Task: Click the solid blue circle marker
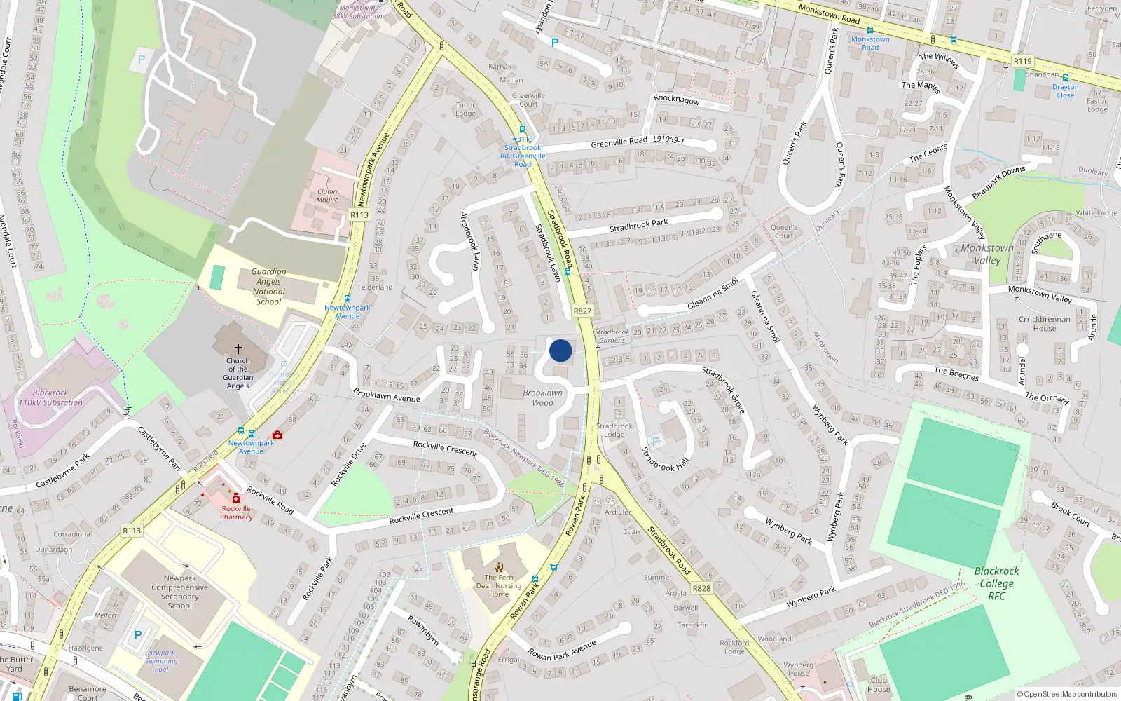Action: click(x=560, y=350)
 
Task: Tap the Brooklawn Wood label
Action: click(x=542, y=398)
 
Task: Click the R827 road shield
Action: click(x=582, y=311)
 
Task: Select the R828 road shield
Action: click(x=701, y=588)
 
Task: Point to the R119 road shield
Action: click(x=1022, y=62)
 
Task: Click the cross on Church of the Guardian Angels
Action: click(x=238, y=348)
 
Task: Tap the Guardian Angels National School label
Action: click(x=268, y=287)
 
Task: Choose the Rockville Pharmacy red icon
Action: click(x=236, y=498)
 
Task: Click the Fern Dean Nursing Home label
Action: click(x=499, y=586)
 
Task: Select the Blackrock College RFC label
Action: click(x=996, y=583)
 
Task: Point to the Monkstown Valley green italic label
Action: click(x=987, y=254)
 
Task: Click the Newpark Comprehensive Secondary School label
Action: click(x=179, y=592)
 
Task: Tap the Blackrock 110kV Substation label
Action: click(x=50, y=398)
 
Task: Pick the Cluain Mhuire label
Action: click(x=327, y=196)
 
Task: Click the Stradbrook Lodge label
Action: click(x=614, y=430)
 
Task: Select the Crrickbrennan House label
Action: click(x=1044, y=324)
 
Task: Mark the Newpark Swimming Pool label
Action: click(x=161, y=660)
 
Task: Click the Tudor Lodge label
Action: click(x=465, y=109)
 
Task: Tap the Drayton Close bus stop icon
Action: click(x=1066, y=78)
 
